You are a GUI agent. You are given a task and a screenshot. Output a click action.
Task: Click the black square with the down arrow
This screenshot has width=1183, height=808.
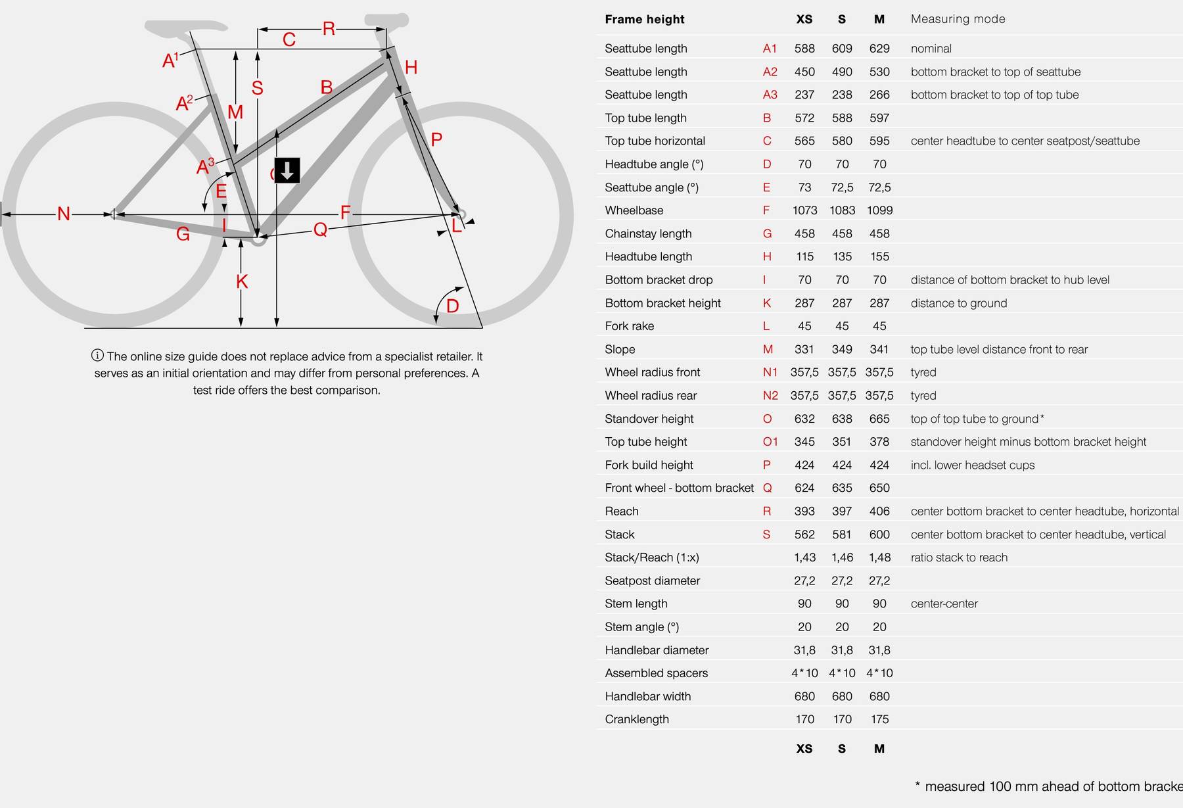(287, 170)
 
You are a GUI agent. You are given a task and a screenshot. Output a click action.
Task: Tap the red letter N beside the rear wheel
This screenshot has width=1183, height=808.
(64, 214)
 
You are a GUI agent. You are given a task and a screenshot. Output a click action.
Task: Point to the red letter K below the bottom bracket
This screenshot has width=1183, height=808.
(242, 282)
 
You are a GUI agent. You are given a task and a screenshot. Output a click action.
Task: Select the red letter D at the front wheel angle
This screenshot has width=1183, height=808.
(452, 306)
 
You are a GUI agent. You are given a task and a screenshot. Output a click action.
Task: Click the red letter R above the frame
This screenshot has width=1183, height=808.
(329, 29)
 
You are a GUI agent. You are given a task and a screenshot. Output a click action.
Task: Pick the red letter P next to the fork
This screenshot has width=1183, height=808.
(436, 139)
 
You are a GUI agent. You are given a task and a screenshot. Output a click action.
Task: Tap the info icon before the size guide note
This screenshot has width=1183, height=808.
(97, 356)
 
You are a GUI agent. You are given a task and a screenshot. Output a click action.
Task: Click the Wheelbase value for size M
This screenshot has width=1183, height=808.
(879, 210)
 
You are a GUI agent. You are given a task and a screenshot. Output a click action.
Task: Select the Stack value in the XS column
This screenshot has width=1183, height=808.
(804, 535)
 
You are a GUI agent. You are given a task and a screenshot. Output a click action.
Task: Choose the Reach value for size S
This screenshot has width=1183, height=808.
(842, 511)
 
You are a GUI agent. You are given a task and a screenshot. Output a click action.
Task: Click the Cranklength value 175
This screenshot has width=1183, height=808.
(879, 719)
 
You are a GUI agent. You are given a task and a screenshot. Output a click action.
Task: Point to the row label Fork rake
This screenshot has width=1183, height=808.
(629, 326)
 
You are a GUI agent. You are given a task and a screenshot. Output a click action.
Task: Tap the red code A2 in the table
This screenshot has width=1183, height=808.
(770, 72)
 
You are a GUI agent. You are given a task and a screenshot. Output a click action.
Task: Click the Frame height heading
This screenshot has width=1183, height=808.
(644, 19)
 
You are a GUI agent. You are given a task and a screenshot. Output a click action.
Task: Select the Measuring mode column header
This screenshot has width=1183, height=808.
(958, 19)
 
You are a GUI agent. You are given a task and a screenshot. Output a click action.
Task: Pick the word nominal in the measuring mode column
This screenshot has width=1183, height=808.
(931, 49)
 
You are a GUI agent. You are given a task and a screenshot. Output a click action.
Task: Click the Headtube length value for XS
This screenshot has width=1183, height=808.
(804, 256)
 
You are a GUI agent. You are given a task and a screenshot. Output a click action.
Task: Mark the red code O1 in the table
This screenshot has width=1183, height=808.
(770, 442)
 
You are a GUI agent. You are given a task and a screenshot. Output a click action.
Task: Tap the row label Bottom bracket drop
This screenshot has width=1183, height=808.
(659, 280)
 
